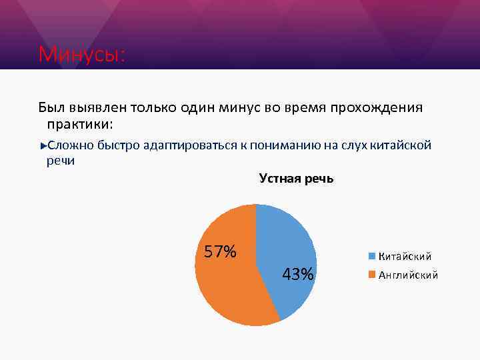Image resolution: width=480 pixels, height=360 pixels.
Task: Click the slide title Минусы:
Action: coord(81,54)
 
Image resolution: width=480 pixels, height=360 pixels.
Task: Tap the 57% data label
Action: coord(220,252)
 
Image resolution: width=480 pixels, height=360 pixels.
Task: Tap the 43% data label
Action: coord(298,274)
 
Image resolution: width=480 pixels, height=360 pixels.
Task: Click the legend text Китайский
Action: coord(405,256)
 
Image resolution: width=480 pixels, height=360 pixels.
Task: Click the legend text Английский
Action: coord(408,274)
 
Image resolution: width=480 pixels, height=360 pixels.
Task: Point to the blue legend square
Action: coord(372,256)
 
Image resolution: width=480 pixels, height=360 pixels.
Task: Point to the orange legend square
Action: coord(372,274)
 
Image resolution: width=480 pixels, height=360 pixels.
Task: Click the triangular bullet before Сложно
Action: coord(43,145)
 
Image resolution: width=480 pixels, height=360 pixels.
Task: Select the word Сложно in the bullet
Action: coord(70,145)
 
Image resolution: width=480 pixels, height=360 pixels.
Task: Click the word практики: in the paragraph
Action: coord(80,124)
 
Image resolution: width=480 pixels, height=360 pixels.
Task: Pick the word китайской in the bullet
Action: coord(403,145)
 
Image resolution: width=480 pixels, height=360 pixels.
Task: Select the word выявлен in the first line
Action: coord(97,107)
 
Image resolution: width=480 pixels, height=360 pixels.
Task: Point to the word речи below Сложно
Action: coord(61,160)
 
